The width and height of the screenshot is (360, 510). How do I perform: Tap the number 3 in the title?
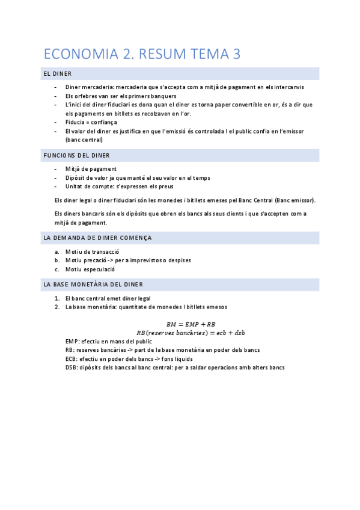[236, 54]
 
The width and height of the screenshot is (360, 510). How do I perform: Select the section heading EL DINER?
[58, 74]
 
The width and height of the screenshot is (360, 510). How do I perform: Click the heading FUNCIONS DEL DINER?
[76, 155]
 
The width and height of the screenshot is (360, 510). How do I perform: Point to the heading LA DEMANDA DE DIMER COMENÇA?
[97, 238]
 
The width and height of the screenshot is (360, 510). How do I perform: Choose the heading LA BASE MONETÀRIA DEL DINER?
[93, 284]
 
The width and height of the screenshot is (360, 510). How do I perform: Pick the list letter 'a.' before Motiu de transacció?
[56, 251]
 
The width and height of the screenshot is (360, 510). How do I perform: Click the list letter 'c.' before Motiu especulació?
[56, 269]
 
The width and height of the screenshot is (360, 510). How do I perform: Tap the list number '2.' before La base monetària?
[56, 307]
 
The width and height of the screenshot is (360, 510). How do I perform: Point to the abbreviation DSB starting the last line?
[72, 367]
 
